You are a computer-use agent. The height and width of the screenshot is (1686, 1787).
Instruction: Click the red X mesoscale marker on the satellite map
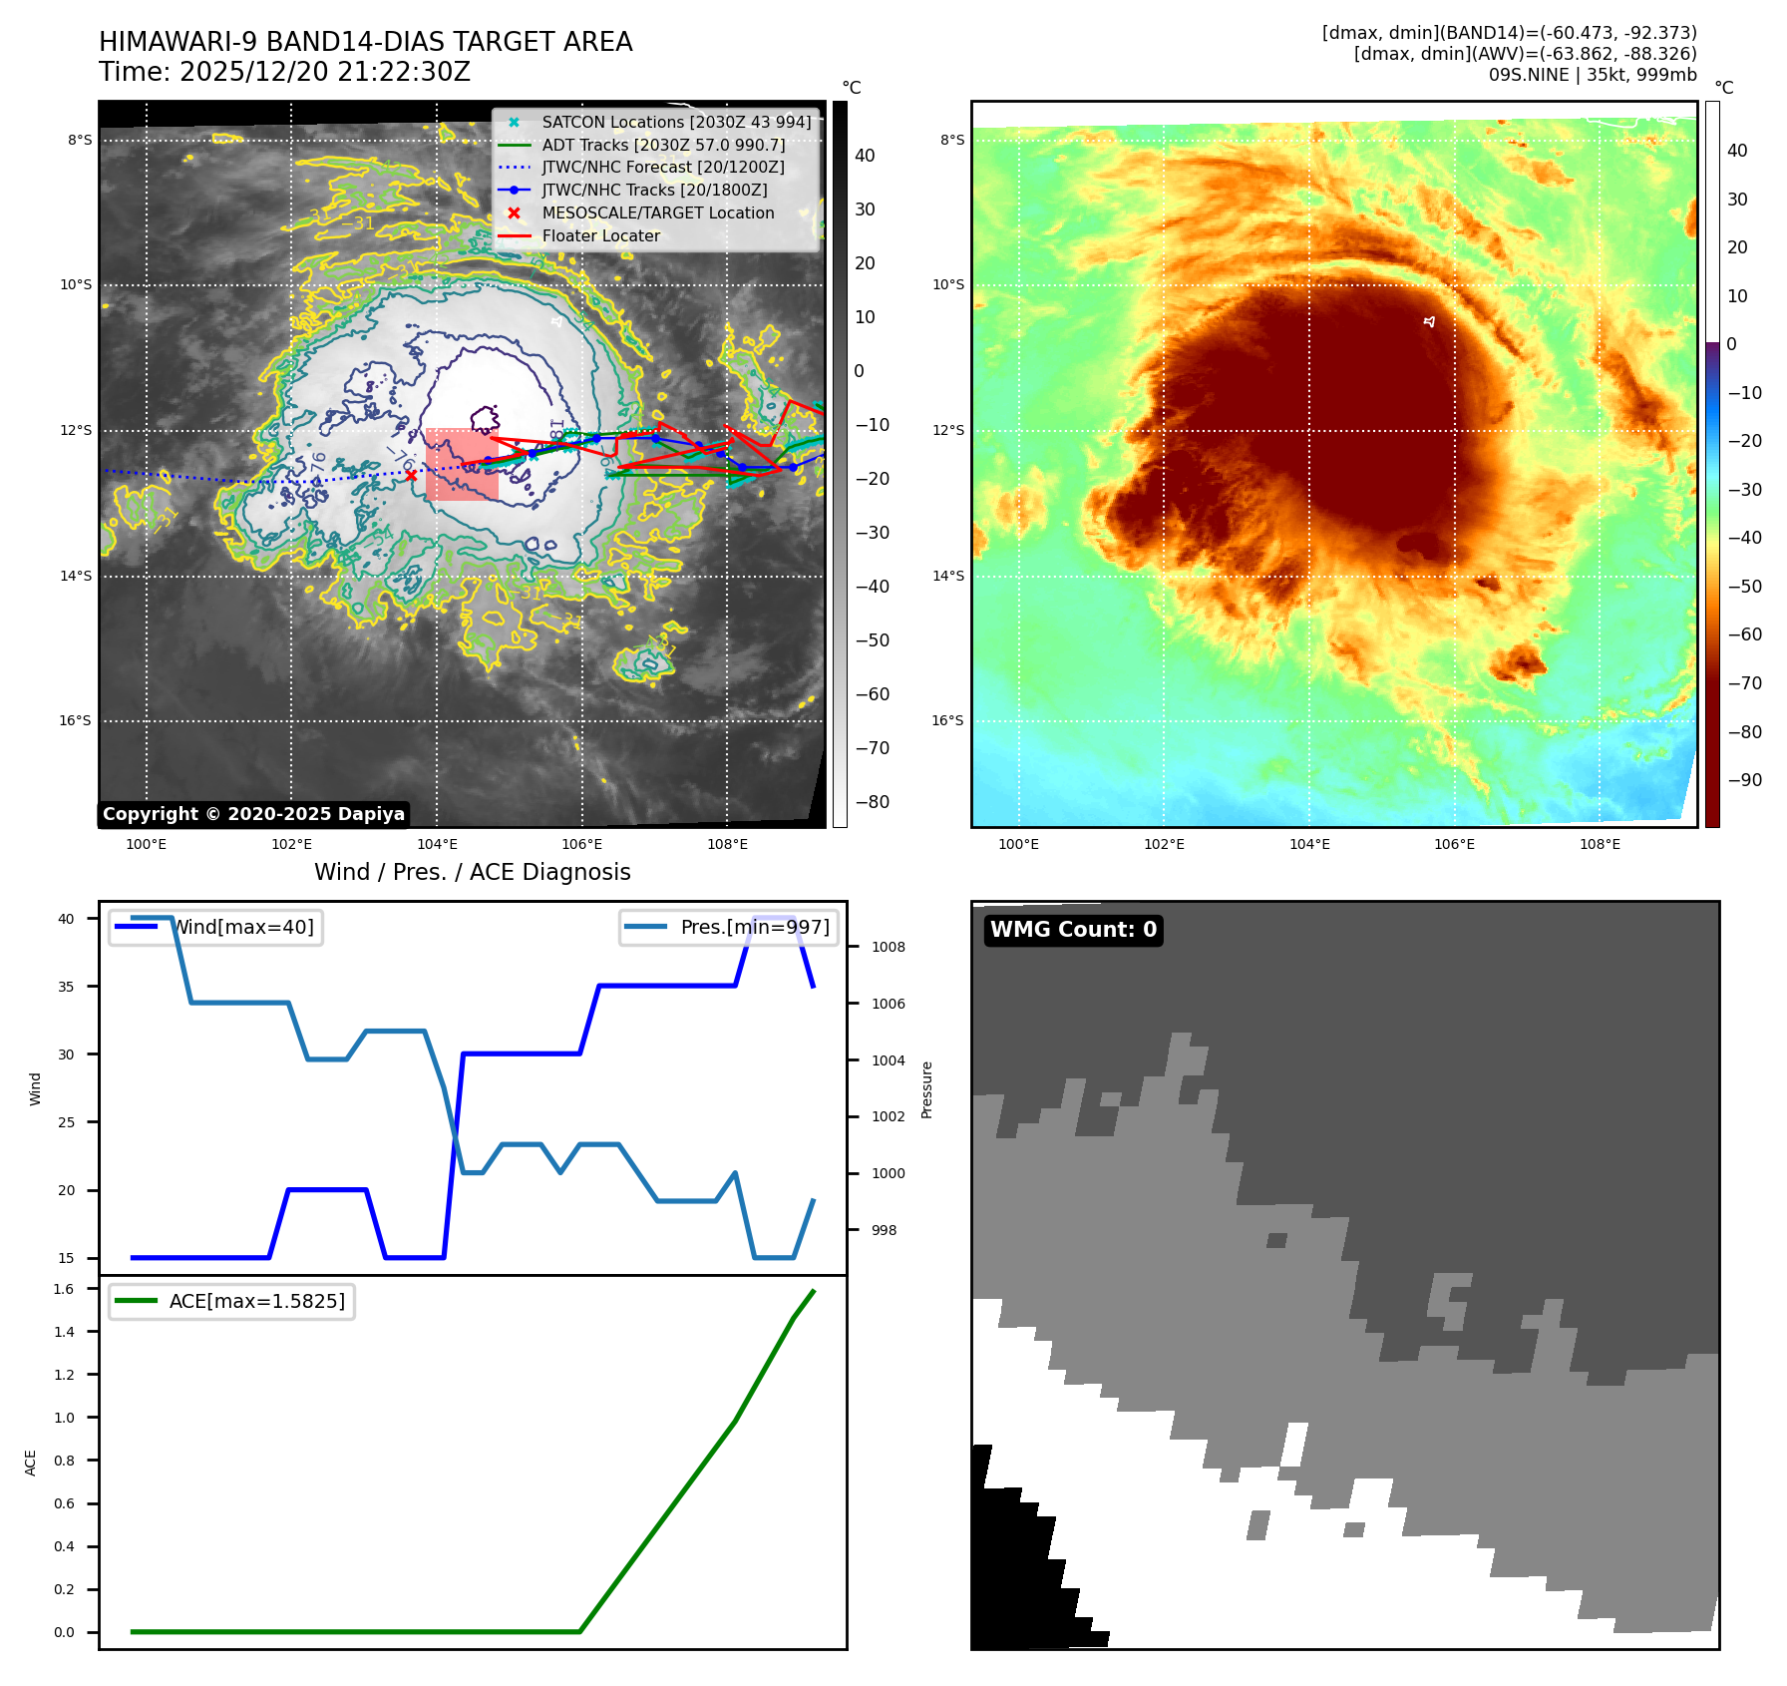(x=411, y=475)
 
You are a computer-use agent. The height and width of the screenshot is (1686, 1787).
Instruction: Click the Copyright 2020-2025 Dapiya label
(x=253, y=814)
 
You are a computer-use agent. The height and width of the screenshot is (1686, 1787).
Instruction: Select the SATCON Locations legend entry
(x=676, y=122)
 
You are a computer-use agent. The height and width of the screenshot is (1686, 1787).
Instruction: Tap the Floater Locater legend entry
(x=600, y=235)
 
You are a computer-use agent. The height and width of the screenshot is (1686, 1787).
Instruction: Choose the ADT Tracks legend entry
(x=663, y=145)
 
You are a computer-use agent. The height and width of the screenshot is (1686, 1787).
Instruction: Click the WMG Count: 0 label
(x=1073, y=930)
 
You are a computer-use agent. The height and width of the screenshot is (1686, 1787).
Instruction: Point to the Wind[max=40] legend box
(x=215, y=927)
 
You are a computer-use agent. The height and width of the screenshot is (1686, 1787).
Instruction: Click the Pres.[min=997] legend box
(x=728, y=927)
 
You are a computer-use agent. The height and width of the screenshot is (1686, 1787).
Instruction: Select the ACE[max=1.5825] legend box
(x=231, y=1301)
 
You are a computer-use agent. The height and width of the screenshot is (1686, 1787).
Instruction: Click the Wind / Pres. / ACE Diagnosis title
(x=472, y=872)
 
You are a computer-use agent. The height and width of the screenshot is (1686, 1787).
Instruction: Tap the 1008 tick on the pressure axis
(x=888, y=947)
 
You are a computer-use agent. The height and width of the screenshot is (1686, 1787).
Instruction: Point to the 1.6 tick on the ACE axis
(x=64, y=1289)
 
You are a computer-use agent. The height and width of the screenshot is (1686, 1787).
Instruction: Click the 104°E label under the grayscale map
(x=437, y=845)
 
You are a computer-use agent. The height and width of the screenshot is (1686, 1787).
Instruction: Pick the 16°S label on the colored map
(x=947, y=720)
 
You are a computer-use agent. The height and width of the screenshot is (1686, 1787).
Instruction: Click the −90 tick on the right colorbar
(x=1744, y=780)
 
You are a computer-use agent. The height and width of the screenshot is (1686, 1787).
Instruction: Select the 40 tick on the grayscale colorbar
(x=865, y=156)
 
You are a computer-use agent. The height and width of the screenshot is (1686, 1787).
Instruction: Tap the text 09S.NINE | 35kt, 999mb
(x=1592, y=75)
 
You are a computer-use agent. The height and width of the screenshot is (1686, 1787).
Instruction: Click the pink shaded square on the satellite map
(x=461, y=465)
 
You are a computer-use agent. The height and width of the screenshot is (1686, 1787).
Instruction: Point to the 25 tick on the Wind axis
(x=66, y=1122)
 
